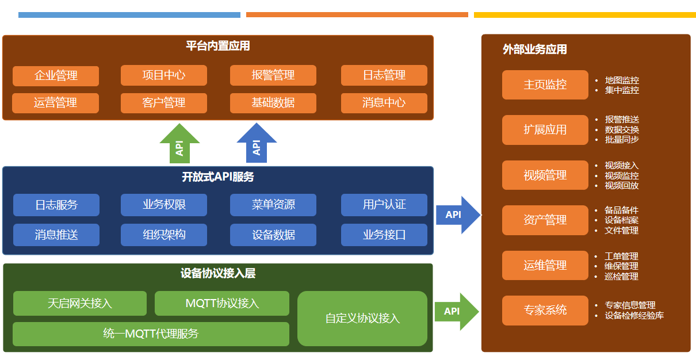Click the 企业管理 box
coord(56,76)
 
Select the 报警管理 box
coord(273,75)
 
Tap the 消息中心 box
coord(384,103)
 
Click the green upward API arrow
coord(179,144)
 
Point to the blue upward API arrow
coord(257,143)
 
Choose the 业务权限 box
coord(164,205)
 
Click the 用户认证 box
coord(384,205)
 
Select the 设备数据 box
coord(273,235)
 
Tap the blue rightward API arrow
coord(458,215)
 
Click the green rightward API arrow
coord(457,312)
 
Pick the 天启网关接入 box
coord(80,303)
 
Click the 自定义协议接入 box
coord(362,319)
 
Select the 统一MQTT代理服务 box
coord(151,334)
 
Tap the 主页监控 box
coord(545,85)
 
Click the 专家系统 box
coord(545,311)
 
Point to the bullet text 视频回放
coord(621,186)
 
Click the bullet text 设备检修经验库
coord(634,316)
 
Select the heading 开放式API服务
coord(218,177)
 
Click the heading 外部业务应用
coord(535,49)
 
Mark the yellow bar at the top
coord(585,15)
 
